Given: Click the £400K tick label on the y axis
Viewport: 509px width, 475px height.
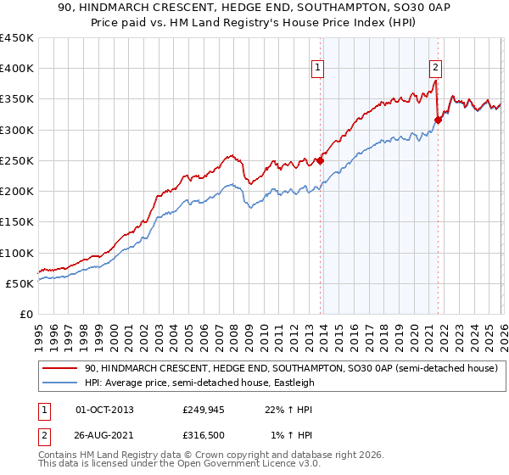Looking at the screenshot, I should pyautogui.click(x=17, y=69).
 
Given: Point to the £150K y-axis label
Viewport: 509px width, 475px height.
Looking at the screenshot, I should pyautogui.click(x=17, y=221).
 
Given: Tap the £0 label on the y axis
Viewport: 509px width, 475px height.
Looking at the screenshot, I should pyautogui.click(x=26, y=314).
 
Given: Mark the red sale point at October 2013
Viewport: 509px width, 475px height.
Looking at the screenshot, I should pyautogui.click(x=321, y=160).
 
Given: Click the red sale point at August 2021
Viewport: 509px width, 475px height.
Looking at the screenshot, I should pyautogui.click(x=438, y=120).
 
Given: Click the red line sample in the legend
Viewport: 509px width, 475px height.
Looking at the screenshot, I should pyautogui.click(x=61, y=369).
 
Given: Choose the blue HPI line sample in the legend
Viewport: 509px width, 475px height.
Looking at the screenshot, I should pyautogui.click(x=61, y=383).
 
